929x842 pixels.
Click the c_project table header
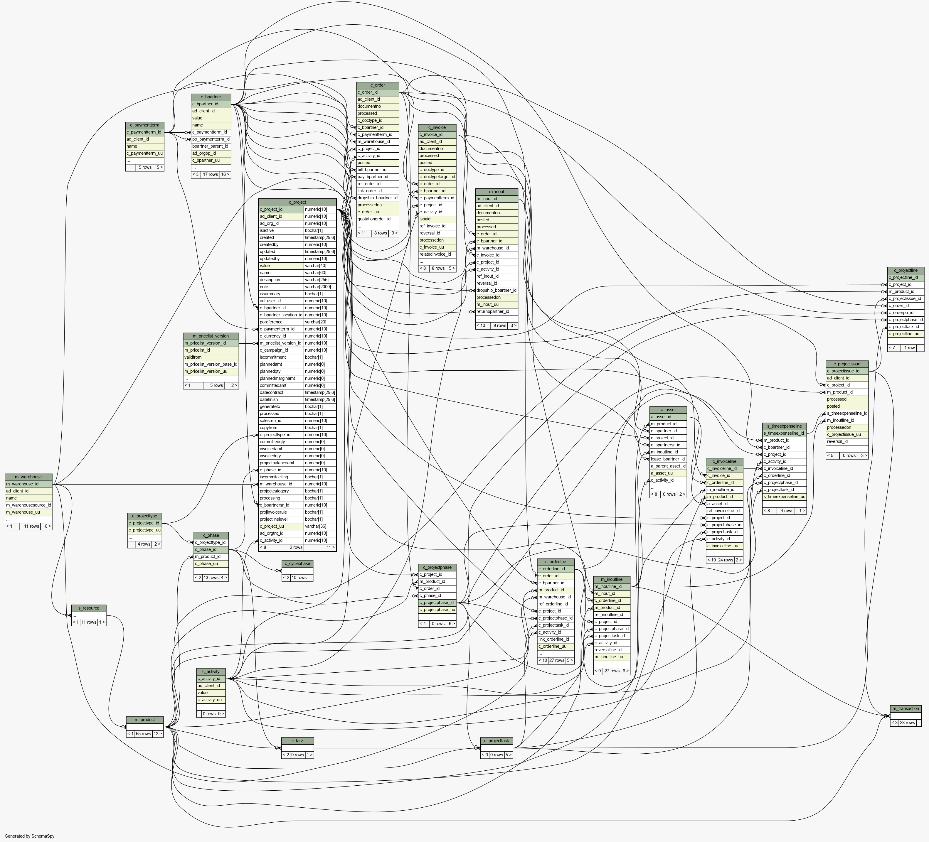point(297,202)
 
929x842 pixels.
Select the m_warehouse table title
point(28,477)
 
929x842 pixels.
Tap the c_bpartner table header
point(211,97)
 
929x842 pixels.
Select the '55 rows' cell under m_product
point(143,734)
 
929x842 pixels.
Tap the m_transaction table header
point(906,708)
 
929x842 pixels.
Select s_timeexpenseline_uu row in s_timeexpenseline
point(784,497)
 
